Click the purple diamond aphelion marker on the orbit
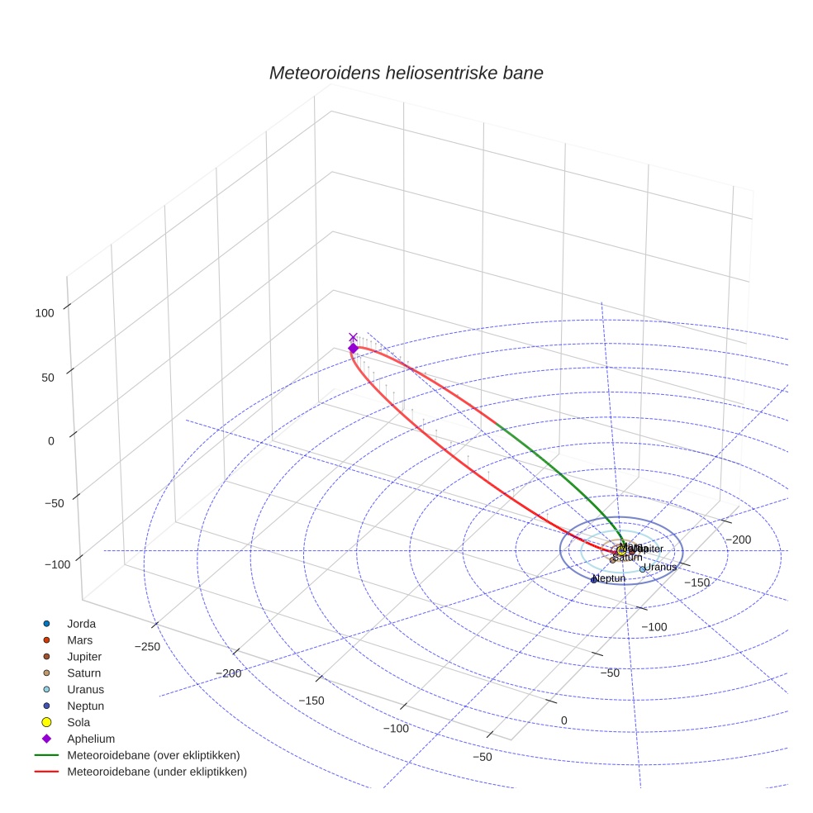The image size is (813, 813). pyautogui.click(x=353, y=349)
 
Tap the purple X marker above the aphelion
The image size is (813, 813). pyautogui.click(x=354, y=337)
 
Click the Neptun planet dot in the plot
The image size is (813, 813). pyautogui.click(x=593, y=580)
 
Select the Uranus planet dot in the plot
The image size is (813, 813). pyautogui.click(x=642, y=569)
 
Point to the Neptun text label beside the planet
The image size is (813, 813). pyautogui.click(x=610, y=578)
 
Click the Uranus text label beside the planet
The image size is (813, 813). pyautogui.click(x=661, y=567)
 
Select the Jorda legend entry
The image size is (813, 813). pyautogui.click(x=81, y=623)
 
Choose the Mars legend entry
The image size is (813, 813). pyautogui.click(x=79, y=639)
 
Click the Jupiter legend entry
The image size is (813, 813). pyautogui.click(x=84, y=656)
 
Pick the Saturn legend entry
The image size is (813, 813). pyautogui.click(x=84, y=673)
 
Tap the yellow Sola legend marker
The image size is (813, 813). pyautogui.click(x=46, y=722)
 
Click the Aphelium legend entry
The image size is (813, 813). pyautogui.click(x=91, y=739)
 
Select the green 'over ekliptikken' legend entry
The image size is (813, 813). pyautogui.click(x=154, y=755)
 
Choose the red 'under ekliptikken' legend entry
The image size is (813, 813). pyautogui.click(x=157, y=772)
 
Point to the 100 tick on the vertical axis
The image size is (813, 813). pyautogui.click(x=45, y=312)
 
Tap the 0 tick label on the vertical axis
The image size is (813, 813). pyautogui.click(x=50, y=441)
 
